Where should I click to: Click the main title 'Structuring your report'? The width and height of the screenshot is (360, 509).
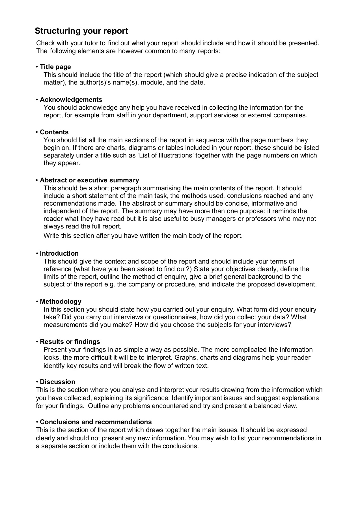(81, 31)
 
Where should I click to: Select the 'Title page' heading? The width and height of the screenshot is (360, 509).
(55, 67)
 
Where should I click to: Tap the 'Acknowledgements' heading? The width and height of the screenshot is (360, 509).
(71, 100)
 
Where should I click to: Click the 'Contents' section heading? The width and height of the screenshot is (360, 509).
(54, 132)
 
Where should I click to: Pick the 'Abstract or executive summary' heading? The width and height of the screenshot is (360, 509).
(89, 180)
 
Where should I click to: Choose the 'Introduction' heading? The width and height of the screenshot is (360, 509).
(59, 253)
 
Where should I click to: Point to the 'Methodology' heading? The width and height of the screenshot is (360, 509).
(61, 301)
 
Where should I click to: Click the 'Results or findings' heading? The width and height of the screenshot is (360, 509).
(70, 342)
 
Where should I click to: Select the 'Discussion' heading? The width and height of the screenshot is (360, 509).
(57, 382)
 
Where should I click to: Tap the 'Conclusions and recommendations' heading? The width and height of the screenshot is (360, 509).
(96, 422)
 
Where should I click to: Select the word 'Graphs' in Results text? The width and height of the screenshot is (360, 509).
(184, 357)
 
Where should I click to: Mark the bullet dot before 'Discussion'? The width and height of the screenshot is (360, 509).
(37, 382)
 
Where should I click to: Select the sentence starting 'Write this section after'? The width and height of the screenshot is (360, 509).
(143, 236)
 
